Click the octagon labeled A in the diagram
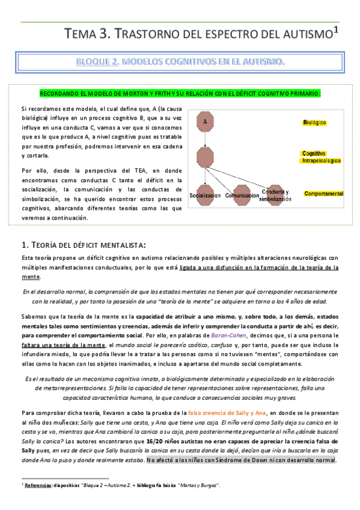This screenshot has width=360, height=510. [206, 122]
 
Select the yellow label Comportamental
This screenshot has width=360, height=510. [323, 194]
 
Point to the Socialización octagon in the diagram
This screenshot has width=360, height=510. [206, 194]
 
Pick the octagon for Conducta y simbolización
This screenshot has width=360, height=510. [275, 194]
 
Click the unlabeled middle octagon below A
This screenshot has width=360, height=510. [206, 158]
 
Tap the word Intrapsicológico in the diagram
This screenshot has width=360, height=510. [320, 161]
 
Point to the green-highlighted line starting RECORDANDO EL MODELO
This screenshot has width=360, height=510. [180, 93]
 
